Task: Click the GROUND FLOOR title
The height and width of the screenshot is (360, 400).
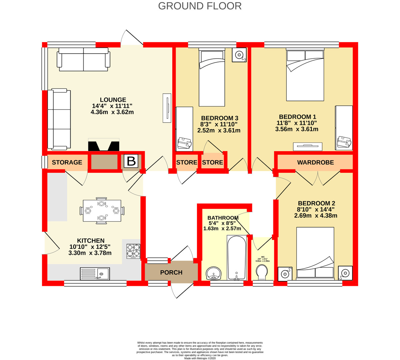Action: pyautogui.click(x=200, y=6)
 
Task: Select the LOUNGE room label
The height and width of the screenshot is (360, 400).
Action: pyautogui.click(x=113, y=100)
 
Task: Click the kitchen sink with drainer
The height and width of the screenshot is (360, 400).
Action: pyautogui.click(x=95, y=274)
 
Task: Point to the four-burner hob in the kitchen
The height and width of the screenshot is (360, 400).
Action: pyautogui.click(x=134, y=251)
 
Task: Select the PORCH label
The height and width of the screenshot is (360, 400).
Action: pyautogui.click(x=171, y=272)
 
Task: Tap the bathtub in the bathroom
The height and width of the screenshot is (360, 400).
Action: pyautogui.click(x=236, y=258)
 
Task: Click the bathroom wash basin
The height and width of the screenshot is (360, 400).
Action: pyautogui.click(x=214, y=273)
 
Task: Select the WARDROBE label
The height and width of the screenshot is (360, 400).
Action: pyautogui.click(x=315, y=162)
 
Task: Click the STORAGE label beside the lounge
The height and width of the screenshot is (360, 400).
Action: pyautogui.click(x=67, y=162)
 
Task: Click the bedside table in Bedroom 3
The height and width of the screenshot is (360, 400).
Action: pyautogui.click(x=239, y=55)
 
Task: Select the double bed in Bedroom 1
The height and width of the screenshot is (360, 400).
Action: pyautogui.click(x=305, y=75)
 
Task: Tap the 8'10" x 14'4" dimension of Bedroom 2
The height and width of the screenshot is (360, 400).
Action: pyautogui.click(x=316, y=210)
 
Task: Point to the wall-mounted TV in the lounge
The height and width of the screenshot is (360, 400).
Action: pyautogui.click(x=167, y=108)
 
